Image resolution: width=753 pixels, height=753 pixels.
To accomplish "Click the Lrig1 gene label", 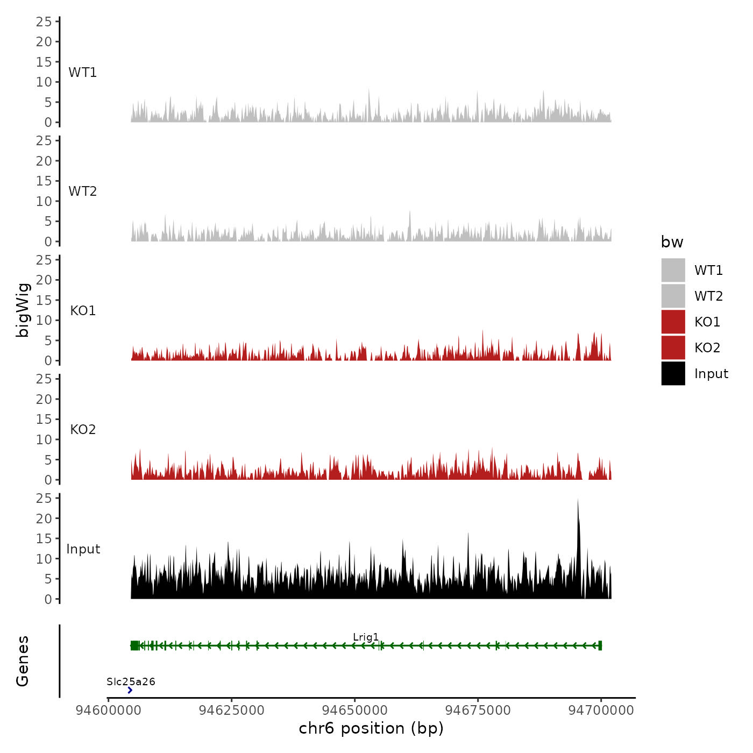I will [x=366, y=637].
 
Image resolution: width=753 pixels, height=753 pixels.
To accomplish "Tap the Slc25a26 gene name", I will [x=131, y=682].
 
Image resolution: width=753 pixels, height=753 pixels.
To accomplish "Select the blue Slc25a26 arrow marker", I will [x=130, y=690].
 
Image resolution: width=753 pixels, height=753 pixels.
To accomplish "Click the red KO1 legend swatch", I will [x=673, y=322].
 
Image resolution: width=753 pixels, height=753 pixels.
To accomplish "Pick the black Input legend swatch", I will [x=673, y=373].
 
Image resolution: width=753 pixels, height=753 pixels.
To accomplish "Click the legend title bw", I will [x=672, y=243].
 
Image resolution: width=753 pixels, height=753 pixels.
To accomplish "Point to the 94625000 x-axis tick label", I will [x=231, y=711].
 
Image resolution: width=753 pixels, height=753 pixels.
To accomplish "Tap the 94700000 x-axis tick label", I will [x=601, y=711].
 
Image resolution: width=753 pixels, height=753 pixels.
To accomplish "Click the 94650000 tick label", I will [x=354, y=711].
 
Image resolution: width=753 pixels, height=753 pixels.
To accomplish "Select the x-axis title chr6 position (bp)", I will [x=371, y=728].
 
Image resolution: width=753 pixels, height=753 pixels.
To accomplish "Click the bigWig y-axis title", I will [x=23, y=310].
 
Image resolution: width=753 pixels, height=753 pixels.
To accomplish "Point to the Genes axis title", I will [x=23, y=661].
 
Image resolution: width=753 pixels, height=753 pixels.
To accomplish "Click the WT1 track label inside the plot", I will [x=83, y=73].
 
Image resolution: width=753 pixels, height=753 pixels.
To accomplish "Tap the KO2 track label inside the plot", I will [x=83, y=430].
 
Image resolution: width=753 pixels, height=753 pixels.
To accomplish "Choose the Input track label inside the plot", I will [x=83, y=549].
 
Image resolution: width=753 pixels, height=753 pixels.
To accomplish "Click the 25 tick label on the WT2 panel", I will [x=44, y=141].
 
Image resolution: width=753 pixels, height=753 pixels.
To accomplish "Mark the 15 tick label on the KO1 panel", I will [x=44, y=300].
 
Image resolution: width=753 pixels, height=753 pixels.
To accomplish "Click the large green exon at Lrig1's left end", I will [x=134, y=645].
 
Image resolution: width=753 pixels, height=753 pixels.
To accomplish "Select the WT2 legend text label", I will [x=708, y=296].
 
